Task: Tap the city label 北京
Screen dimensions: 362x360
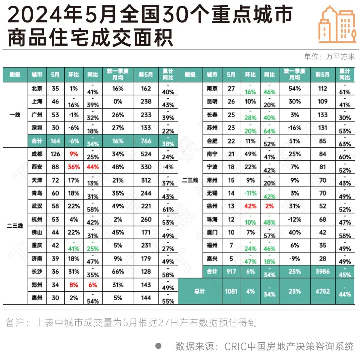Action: (37, 89)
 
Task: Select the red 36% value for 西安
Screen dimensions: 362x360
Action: (74, 167)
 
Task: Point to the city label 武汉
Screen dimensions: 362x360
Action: (37, 206)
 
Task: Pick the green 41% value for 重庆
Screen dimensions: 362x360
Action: (74, 248)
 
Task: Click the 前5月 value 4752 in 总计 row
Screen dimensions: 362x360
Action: (322, 291)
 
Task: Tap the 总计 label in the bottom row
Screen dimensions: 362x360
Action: (199, 291)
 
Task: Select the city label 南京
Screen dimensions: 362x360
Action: (212, 89)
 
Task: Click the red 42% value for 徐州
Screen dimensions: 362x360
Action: (250, 206)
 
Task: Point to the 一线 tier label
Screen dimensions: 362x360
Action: (15, 115)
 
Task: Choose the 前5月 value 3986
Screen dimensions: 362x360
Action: (322, 272)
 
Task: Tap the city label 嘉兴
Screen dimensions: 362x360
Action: (212, 258)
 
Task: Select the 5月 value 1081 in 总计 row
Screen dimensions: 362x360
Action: (231, 291)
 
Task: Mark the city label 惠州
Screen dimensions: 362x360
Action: (37, 298)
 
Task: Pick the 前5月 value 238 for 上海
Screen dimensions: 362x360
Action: (146, 102)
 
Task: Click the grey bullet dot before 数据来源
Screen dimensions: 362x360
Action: (158, 346)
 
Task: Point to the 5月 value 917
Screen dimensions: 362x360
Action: (231, 272)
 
